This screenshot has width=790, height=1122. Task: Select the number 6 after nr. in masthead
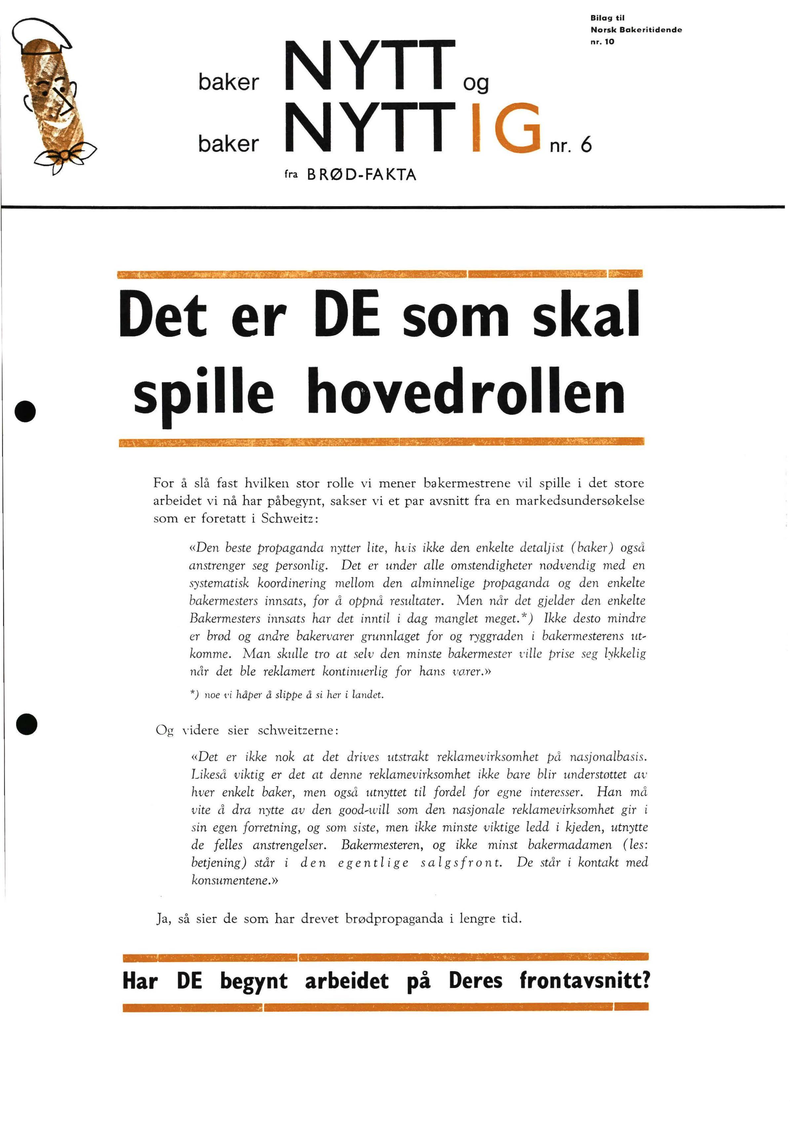(x=586, y=145)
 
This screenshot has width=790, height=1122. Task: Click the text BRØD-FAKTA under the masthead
(x=361, y=175)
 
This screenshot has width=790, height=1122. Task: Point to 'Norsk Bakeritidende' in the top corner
(x=636, y=30)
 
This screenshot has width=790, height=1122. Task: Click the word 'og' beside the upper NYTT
(x=476, y=84)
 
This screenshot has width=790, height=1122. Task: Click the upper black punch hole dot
(x=26, y=411)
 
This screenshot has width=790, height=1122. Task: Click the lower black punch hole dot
(x=26, y=724)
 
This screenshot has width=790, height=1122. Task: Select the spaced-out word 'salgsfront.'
(x=461, y=863)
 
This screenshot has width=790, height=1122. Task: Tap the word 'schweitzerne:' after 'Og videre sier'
(x=298, y=731)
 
